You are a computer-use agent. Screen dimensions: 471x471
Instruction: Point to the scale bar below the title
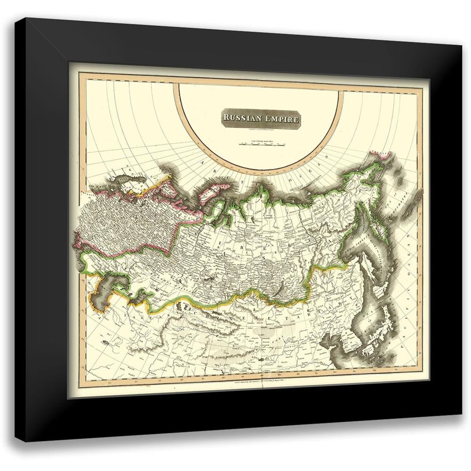(x=261, y=145)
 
